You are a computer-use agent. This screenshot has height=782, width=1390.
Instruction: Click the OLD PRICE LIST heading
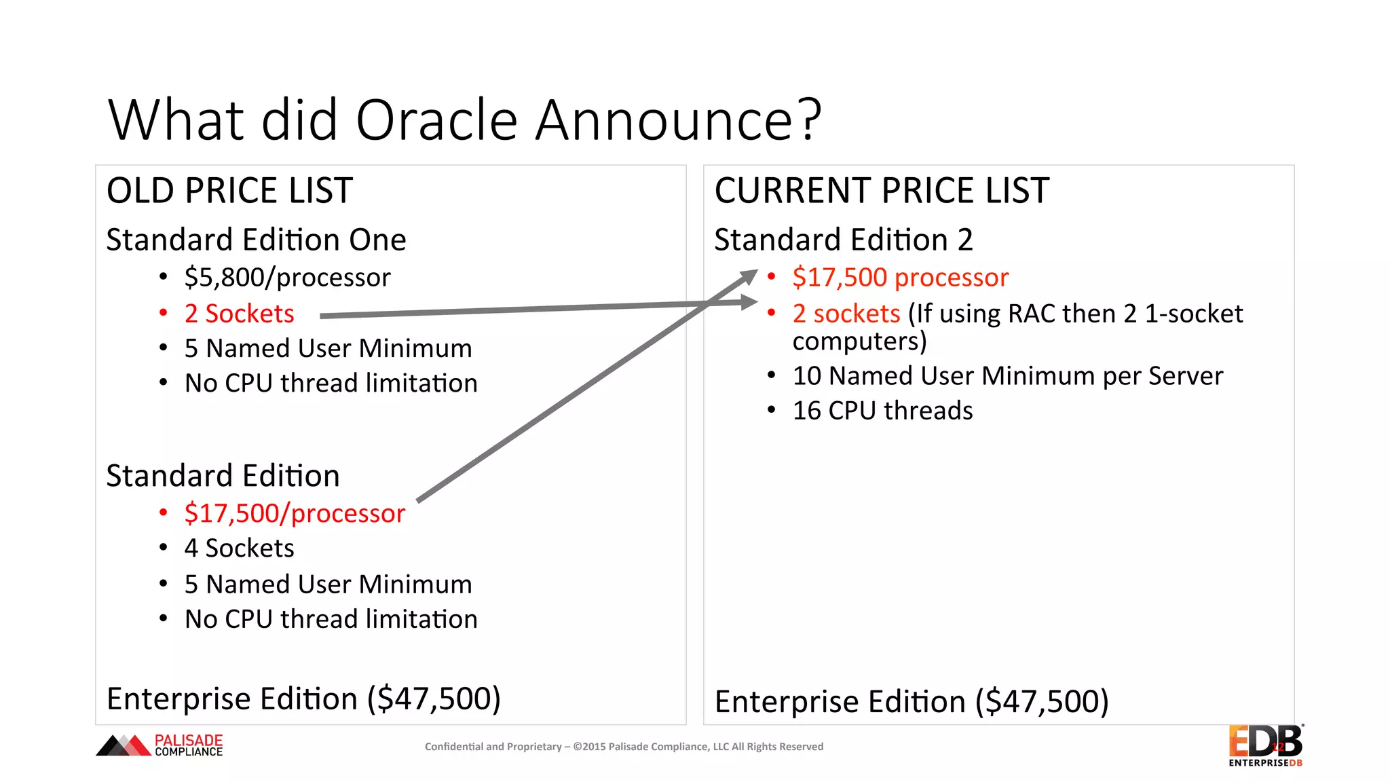[229, 191]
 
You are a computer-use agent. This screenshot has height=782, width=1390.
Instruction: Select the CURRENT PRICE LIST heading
[881, 191]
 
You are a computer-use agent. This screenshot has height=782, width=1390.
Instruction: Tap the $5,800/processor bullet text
[287, 278]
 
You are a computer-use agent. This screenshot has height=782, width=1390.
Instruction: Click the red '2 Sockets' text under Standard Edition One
[239, 314]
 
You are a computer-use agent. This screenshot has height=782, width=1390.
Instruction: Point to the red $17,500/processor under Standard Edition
[295, 514]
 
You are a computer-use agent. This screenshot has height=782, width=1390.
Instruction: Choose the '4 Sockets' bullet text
[239, 548]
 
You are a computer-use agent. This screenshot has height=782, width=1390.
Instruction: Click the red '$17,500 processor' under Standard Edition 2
[900, 278]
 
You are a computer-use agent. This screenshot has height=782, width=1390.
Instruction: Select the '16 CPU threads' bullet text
[882, 411]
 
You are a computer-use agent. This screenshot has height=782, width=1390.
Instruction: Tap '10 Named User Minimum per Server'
[1007, 376]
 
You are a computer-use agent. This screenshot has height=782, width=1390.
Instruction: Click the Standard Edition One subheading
[256, 240]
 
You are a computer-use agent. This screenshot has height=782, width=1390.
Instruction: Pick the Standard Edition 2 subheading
[843, 240]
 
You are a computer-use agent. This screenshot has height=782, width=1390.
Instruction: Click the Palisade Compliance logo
[160, 745]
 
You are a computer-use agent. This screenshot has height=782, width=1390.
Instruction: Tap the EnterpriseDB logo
[1265, 745]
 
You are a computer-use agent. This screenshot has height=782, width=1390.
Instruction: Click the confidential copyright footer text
[624, 747]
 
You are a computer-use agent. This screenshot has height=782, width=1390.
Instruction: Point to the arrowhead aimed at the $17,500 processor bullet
[749, 276]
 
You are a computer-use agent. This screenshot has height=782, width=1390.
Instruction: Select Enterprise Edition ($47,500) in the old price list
[303, 699]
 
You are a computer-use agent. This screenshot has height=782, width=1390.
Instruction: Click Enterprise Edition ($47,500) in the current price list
[912, 702]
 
